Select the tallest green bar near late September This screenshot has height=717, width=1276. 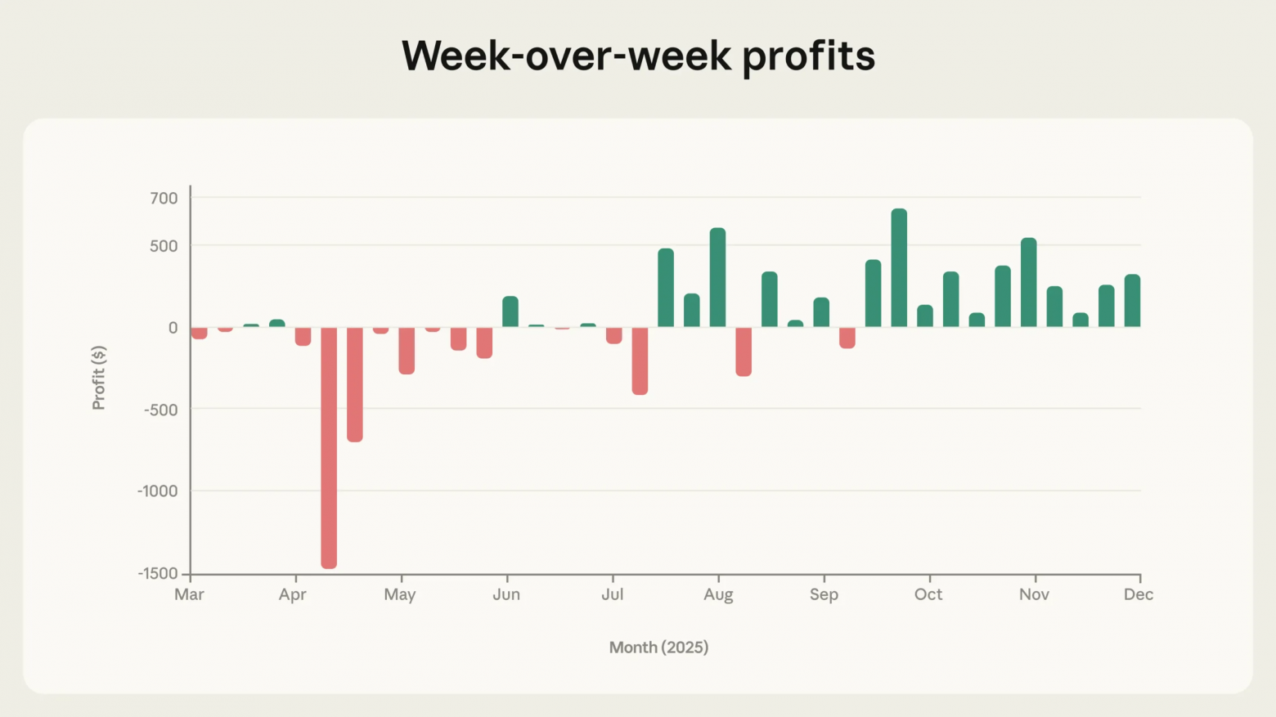899,268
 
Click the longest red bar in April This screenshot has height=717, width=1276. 329,447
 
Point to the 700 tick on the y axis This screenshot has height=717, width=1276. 164,198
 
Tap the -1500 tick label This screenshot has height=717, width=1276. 158,574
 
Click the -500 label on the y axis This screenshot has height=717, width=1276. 160,410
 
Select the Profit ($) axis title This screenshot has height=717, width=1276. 99,378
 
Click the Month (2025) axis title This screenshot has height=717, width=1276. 658,648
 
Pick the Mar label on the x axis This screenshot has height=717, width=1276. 189,594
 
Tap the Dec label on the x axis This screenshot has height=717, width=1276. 1138,594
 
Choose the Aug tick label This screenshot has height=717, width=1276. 718,594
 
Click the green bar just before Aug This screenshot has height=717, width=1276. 717,277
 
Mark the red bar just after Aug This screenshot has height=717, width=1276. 744,352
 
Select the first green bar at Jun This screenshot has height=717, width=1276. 510,311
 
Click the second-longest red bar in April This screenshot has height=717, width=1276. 355,384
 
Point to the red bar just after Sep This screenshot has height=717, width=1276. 847,338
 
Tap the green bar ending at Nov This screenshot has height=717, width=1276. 1029,282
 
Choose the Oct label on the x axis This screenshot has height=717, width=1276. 928,594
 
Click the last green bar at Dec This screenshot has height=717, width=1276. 1132,301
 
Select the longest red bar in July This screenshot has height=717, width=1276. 640,361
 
